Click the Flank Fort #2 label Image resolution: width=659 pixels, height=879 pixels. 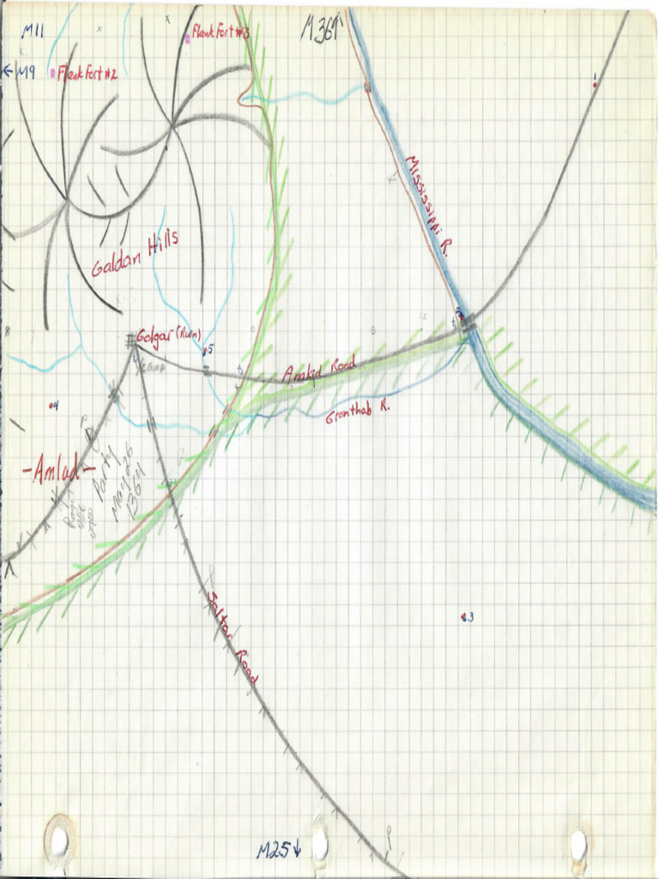(88, 75)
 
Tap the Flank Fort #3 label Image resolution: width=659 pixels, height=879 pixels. (221, 33)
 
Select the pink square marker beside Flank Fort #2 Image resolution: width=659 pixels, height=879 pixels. (54, 74)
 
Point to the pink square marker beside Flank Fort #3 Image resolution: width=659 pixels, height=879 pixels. (187, 38)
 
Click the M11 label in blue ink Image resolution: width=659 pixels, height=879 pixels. (33, 33)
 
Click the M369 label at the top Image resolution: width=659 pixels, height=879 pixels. (321, 31)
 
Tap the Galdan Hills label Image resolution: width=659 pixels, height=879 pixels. (136, 254)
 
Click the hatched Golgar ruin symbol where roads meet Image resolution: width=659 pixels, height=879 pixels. (132, 342)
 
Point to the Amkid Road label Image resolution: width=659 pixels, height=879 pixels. (312, 372)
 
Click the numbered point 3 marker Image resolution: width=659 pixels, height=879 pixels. (467, 617)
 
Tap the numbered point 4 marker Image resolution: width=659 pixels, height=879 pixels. (53, 405)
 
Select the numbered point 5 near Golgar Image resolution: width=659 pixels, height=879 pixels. (207, 350)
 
